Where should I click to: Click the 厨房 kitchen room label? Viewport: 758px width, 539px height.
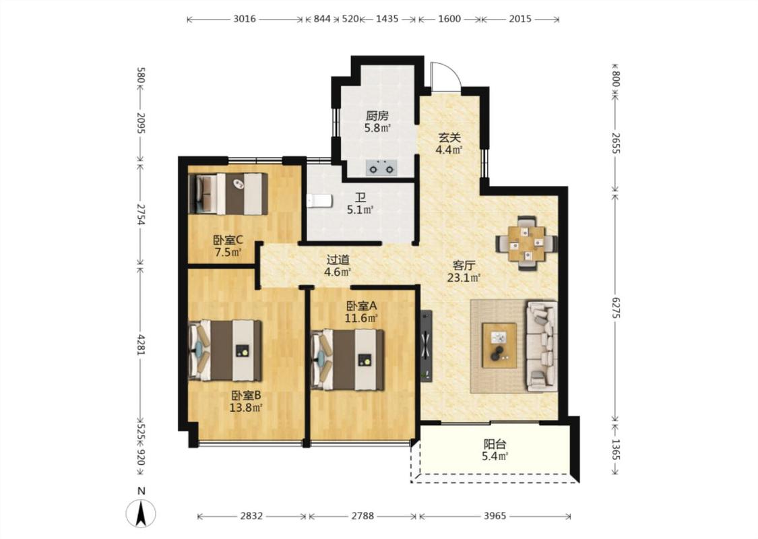(x=377, y=116)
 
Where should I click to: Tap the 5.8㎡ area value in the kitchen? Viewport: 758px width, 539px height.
(x=377, y=128)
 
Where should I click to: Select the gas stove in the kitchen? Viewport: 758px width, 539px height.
(x=381, y=168)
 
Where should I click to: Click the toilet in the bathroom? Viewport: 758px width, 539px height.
(x=319, y=201)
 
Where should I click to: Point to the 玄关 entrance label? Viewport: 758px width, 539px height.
(x=449, y=137)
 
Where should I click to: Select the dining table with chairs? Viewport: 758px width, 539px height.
(x=527, y=243)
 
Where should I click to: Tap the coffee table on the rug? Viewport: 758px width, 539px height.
(x=499, y=345)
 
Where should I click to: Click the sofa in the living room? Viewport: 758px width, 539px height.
(x=542, y=346)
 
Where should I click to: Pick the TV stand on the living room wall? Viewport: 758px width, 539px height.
(x=426, y=346)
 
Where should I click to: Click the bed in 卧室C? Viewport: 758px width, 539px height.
(x=228, y=194)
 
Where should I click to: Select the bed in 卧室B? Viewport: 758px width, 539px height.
(x=225, y=350)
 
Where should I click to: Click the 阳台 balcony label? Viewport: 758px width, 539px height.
(x=495, y=444)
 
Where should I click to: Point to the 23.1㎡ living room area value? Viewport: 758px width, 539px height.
(x=464, y=278)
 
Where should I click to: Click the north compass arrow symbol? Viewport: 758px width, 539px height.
(x=141, y=513)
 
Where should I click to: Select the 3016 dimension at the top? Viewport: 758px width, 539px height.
(x=245, y=19)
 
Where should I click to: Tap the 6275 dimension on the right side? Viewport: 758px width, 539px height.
(x=615, y=307)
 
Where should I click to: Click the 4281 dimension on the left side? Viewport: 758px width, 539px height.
(x=141, y=344)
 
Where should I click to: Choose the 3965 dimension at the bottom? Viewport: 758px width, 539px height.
(x=495, y=516)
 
